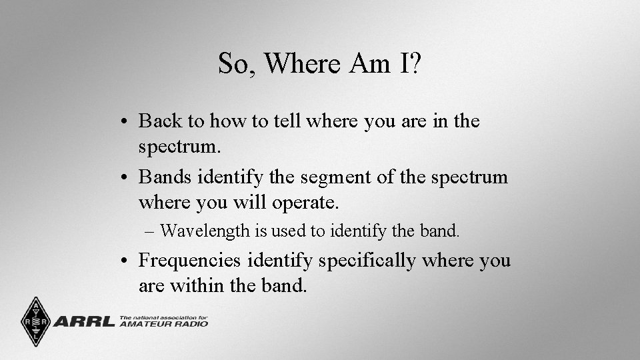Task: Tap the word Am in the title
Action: click(369, 64)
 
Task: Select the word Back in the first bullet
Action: click(161, 121)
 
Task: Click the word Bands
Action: click(162, 178)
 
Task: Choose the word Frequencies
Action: click(190, 261)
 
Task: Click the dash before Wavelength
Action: click(149, 231)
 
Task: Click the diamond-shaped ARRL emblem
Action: click(35, 321)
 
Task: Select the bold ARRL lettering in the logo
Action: click(83, 321)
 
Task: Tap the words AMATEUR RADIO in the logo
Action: click(164, 324)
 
